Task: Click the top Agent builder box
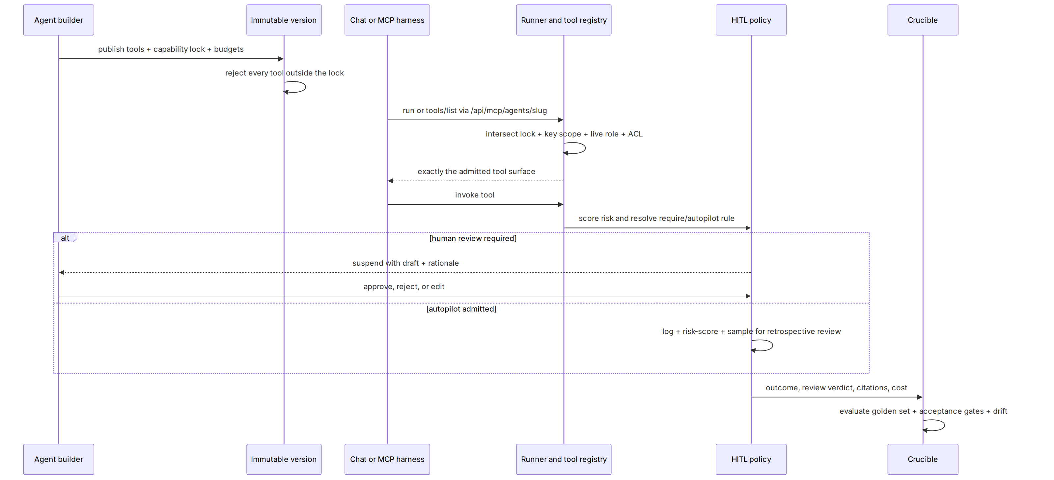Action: click(x=59, y=20)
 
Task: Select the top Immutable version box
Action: click(x=284, y=20)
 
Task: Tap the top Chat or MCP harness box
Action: click(x=387, y=20)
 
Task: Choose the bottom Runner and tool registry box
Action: click(x=564, y=459)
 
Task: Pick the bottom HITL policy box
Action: click(x=751, y=459)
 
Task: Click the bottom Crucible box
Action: click(x=923, y=459)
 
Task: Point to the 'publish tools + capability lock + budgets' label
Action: click(x=171, y=49)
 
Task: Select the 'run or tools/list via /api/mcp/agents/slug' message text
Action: click(x=475, y=110)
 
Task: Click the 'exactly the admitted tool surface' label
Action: click(x=476, y=172)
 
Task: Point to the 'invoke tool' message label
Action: click(x=475, y=195)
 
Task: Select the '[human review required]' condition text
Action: click(x=473, y=238)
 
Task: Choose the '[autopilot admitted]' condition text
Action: click(x=461, y=309)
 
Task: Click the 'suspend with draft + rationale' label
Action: click(x=405, y=263)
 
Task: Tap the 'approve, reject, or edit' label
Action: click(x=404, y=287)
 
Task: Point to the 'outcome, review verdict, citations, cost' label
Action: click(x=836, y=388)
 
